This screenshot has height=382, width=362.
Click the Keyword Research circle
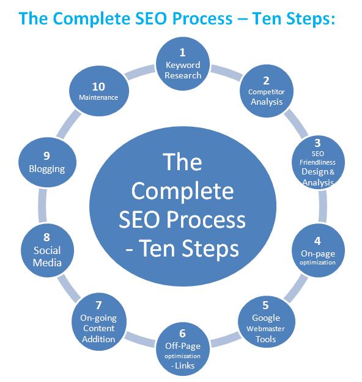tap(182, 64)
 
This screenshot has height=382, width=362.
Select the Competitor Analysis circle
tap(267, 91)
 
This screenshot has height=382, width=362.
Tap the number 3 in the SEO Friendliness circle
tap(317, 143)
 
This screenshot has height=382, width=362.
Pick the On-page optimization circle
tap(318, 251)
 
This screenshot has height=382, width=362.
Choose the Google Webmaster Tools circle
tap(267, 321)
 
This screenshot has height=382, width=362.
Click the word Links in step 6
tap(185, 365)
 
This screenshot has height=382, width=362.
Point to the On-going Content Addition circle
tap(99, 321)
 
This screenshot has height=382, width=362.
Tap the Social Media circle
tap(47, 250)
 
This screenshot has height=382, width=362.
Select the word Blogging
tap(47, 169)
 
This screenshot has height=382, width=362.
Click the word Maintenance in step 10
tap(98, 97)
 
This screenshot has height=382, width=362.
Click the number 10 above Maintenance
tap(98, 87)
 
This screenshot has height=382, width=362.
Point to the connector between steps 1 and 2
tap(226, 72)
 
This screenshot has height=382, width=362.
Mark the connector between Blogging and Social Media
tap(42, 206)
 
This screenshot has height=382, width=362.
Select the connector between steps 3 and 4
tap(323, 206)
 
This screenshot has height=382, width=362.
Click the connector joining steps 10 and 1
tap(139, 72)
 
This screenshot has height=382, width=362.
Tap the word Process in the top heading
tap(204, 18)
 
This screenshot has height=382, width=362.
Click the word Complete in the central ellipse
tap(182, 191)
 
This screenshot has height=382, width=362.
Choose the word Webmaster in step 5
tap(265, 329)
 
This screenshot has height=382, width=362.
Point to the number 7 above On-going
tap(98, 305)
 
